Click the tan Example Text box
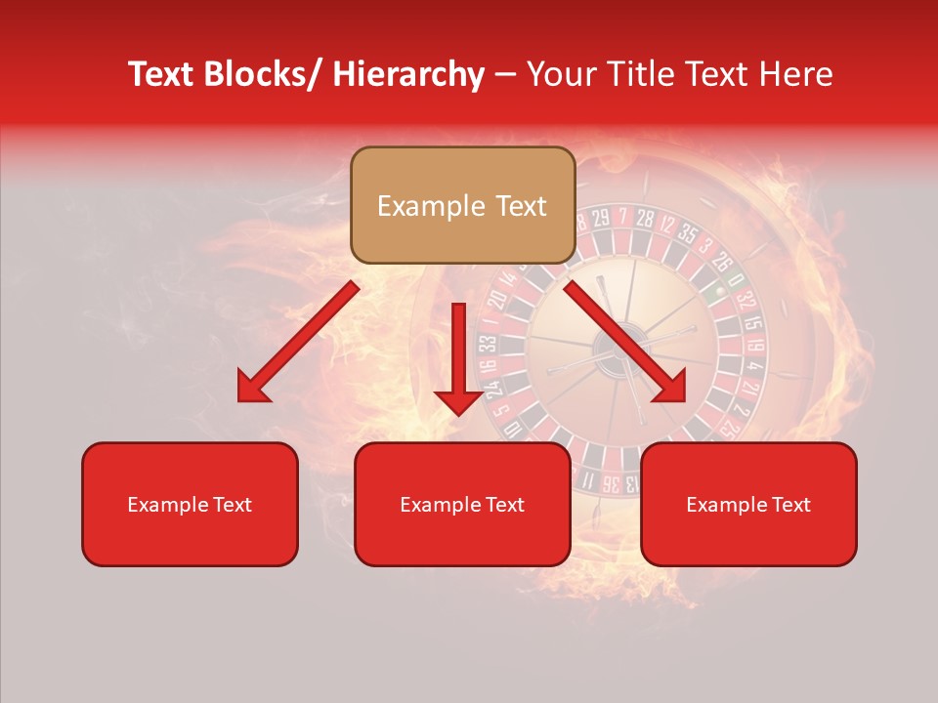pos(462,205)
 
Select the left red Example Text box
pos(190,504)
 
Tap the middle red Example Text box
pos(462,504)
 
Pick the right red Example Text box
pos(748,504)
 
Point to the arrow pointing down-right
pos(625,342)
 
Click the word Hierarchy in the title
pos(407,75)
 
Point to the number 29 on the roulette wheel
pos(599,217)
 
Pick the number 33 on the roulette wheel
pos(487,344)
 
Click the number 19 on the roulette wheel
pos(755,345)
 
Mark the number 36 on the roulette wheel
pos(610,482)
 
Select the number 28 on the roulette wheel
pos(643,218)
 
